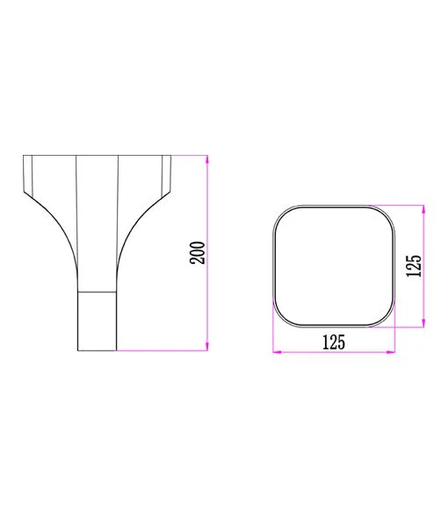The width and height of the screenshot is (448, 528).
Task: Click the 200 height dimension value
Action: pos(198,253)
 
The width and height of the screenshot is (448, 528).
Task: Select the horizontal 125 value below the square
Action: pos(334,342)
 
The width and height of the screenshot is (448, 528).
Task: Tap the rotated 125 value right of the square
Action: pos(414,266)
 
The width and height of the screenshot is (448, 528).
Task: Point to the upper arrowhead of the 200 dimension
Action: pos(207,159)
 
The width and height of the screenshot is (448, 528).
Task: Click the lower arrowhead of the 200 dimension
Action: pos(207,347)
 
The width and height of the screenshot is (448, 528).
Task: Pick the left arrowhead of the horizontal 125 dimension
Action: pos(277,352)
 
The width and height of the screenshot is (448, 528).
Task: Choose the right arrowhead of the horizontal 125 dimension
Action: pos(391,352)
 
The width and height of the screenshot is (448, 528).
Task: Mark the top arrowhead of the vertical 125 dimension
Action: pos(423,209)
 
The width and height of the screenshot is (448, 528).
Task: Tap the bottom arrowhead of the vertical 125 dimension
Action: pos(423,323)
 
